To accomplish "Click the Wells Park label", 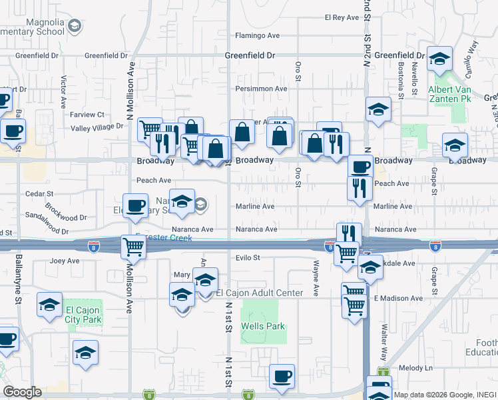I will [264, 326].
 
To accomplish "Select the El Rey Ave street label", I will [342, 17].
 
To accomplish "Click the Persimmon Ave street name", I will [261, 88].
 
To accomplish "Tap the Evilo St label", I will [246, 257].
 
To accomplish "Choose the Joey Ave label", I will [65, 261].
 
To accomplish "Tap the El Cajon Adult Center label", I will [260, 293].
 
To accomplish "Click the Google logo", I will [22, 392].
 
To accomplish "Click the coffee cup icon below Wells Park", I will [282, 375].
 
